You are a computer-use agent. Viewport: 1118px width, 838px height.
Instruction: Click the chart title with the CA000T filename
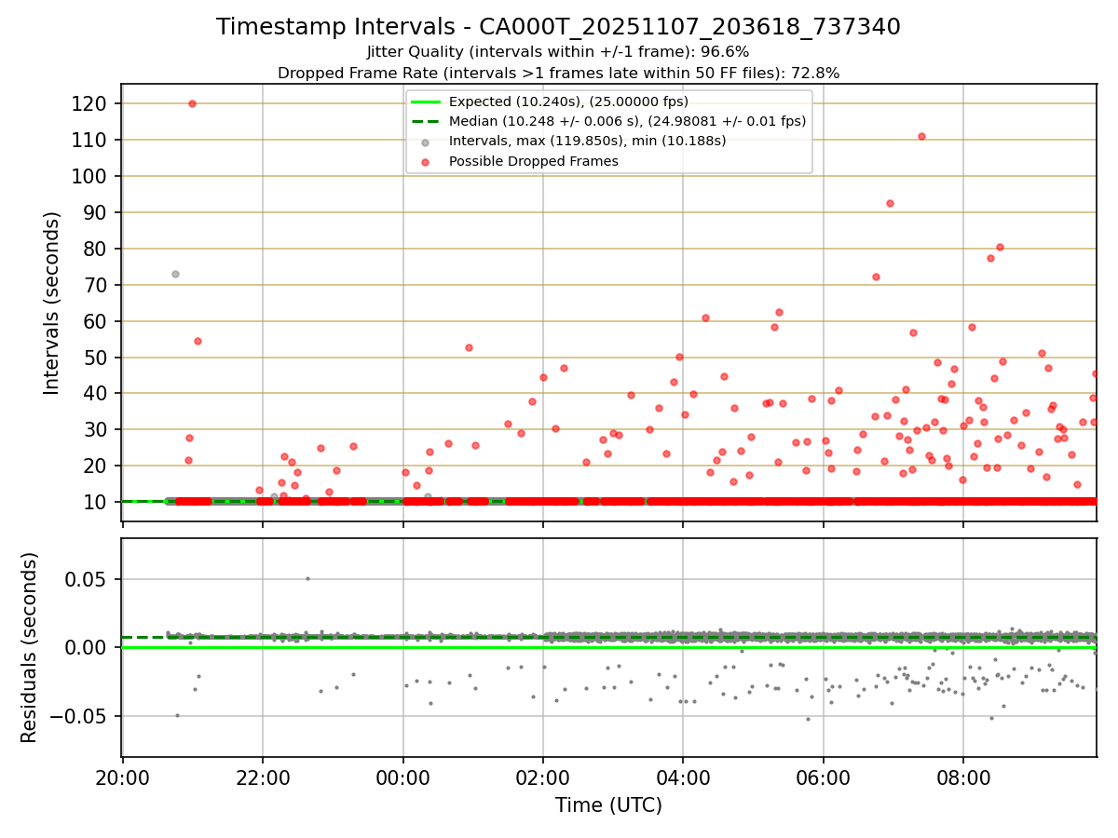click(x=558, y=27)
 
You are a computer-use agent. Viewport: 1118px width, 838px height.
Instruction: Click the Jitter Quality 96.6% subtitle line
click(x=558, y=52)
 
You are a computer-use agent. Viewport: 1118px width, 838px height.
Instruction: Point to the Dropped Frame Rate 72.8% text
click(x=558, y=73)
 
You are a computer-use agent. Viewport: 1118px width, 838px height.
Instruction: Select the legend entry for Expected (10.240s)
click(x=568, y=101)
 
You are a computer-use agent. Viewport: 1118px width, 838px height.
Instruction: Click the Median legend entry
click(x=627, y=121)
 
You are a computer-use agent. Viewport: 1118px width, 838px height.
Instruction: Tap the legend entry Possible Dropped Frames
click(x=534, y=161)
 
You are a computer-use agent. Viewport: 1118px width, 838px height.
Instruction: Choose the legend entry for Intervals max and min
click(x=587, y=142)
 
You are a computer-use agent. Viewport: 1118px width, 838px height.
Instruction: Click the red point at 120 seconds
click(x=192, y=103)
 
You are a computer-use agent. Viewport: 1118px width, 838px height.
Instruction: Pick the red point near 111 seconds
click(x=921, y=136)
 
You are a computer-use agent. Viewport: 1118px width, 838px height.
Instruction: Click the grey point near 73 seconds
click(x=175, y=274)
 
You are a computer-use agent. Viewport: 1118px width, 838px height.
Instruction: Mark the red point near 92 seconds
click(x=890, y=203)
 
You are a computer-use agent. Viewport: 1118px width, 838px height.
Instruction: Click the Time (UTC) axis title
click(x=608, y=805)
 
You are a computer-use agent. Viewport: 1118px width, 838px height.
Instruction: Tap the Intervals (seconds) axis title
click(x=52, y=303)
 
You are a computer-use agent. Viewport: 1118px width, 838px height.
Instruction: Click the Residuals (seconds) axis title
click(x=30, y=647)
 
